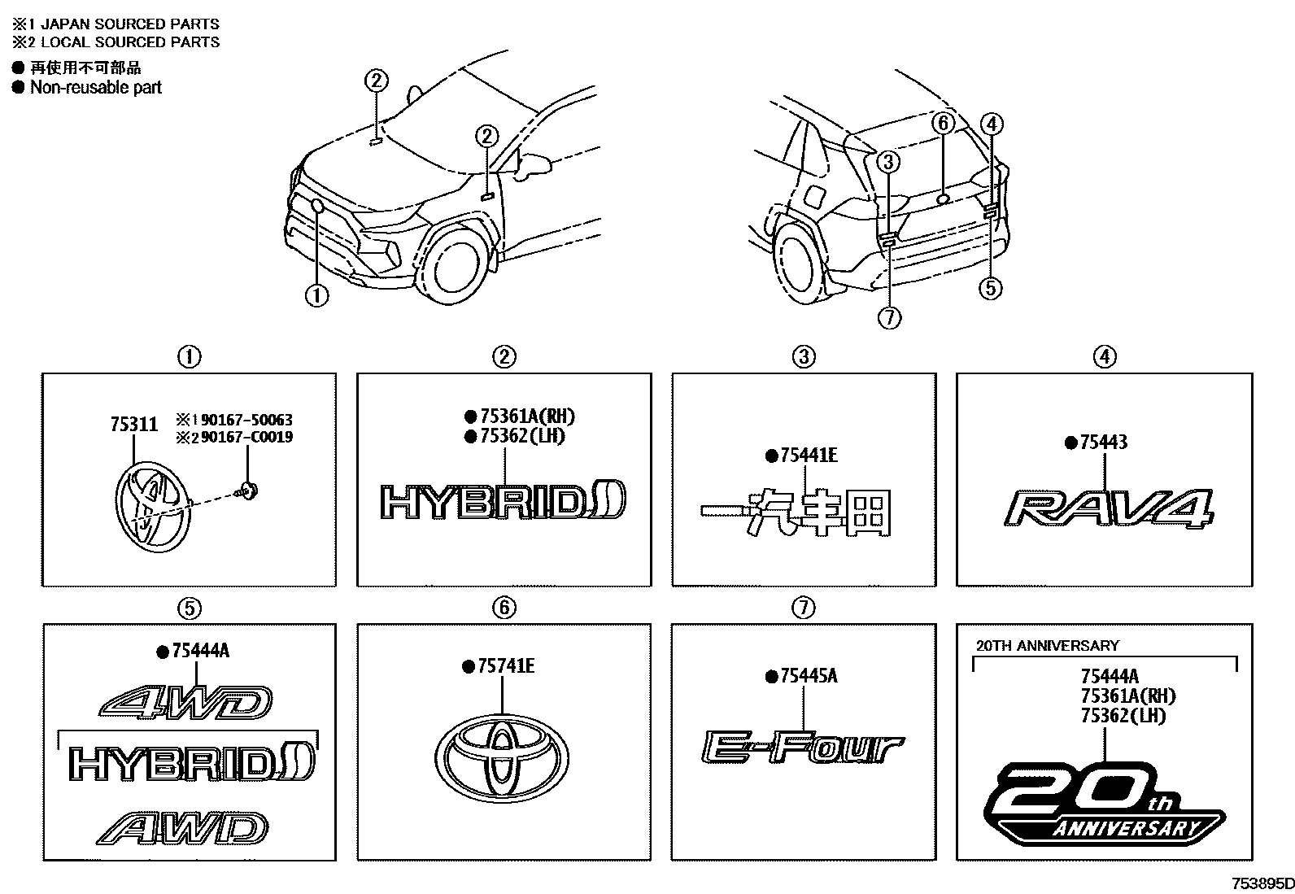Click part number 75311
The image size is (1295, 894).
click(133, 425)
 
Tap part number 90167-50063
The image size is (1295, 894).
click(241, 420)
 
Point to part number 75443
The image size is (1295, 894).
click(1103, 443)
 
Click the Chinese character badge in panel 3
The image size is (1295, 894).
click(796, 513)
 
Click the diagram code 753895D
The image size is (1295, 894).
click(1261, 883)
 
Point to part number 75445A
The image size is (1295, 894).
click(808, 675)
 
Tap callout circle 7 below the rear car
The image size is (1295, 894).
click(890, 317)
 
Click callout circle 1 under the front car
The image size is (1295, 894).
click(316, 295)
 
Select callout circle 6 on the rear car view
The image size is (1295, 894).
click(943, 123)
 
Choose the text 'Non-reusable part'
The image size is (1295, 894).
click(96, 87)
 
